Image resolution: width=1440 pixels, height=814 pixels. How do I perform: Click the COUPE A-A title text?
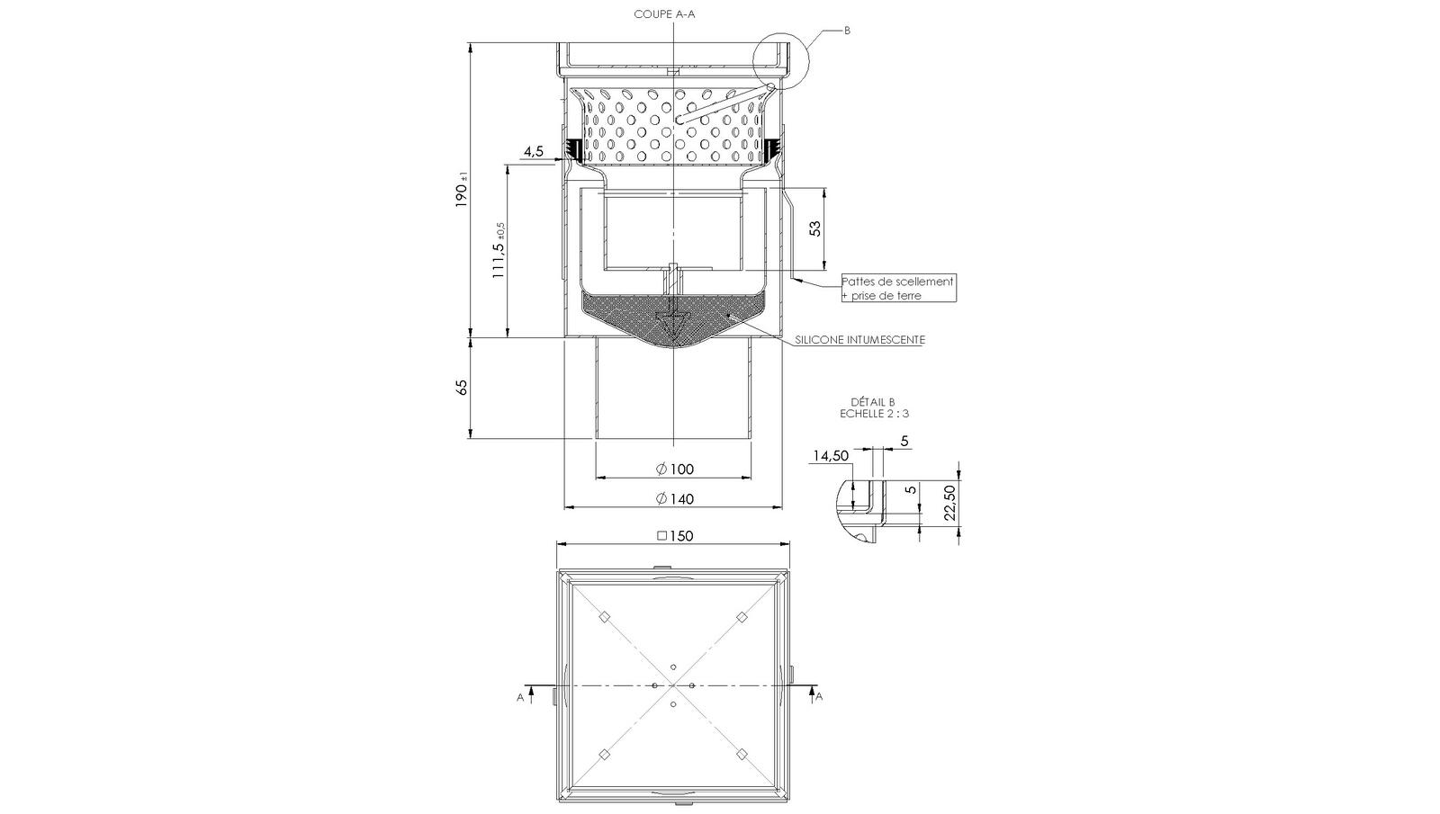pyautogui.click(x=664, y=14)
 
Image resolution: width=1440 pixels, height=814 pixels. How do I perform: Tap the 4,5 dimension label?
pyautogui.click(x=533, y=151)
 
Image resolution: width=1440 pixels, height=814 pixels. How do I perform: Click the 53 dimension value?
pyautogui.click(x=815, y=228)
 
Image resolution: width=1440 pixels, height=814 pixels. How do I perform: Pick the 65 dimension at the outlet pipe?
pyautogui.click(x=463, y=388)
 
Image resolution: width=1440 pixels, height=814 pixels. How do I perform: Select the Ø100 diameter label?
pyautogui.click(x=675, y=469)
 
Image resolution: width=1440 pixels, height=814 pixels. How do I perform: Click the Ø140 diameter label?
pyautogui.click(x=675, y=498)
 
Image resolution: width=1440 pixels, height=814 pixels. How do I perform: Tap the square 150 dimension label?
pyautogui.click(x=675, y=536)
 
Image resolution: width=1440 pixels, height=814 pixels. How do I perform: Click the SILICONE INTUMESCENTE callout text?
pyautogui.click(x=859, y=340)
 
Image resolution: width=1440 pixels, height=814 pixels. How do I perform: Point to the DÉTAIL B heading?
pyautogui.click(x=872, y=402)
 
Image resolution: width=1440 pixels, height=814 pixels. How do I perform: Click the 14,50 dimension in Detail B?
pyautogui.click(x=830, y=456)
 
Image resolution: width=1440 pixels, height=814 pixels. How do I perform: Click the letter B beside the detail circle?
pyautogui.click(x=847, y=31)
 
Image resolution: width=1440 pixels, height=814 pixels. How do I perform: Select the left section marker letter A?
pyautogui.click(x=520, y=696)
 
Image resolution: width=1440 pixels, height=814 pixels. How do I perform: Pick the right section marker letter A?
pyautogui.click(x=819, y=696)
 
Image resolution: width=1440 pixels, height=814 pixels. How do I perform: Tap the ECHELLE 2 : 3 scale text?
pyautogui.click(x=873, y=414)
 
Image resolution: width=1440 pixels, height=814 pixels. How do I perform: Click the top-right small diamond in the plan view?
pyautogui.click(x=742, y=617)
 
